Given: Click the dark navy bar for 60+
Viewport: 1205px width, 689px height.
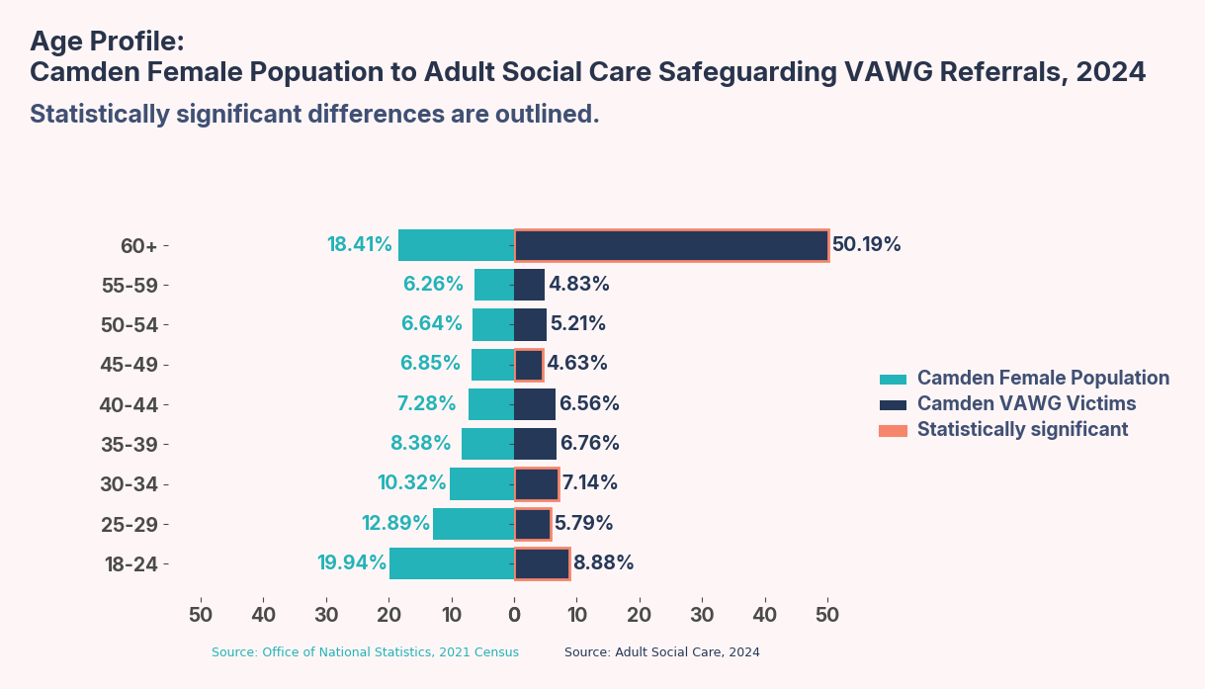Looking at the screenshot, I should [x=671, y=245].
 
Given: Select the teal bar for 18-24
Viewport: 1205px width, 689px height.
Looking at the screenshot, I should [x=452, y=563].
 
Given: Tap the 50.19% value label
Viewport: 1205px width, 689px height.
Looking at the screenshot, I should [x=866, y=244].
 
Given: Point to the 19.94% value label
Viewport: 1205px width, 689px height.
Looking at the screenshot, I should [x=351, y=562].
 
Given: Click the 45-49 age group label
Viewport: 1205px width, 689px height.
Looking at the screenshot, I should [x=129, y=365].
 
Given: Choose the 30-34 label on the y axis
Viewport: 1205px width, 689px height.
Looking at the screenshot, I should [x=129, y=484].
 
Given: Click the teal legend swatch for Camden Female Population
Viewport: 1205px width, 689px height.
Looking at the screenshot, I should [x=893, y=379].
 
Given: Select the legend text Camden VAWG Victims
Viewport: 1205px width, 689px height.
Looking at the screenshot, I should [x=1026, y=403].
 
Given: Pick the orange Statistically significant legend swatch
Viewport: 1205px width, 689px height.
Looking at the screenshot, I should [x=893, y=430].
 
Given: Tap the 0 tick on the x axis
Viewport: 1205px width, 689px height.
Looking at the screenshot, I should [x=514, y=614].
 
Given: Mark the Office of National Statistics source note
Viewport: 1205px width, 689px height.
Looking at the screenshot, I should [x=365, y=652].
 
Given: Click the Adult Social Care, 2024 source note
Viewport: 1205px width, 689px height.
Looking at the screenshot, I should [x=661, y=652].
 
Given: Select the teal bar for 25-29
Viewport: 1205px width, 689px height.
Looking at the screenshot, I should [x=473, y=524].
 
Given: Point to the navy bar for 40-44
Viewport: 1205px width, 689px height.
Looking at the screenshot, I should [x=535, y=404].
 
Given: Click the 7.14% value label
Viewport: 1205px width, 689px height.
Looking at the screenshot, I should [x=589, y=482].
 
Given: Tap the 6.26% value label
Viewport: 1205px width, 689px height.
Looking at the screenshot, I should [x=433, y=284].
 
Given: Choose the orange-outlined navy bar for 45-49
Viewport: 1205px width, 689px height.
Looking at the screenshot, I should [x=529, y=365].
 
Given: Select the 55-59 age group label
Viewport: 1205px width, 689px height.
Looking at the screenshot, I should [x=129, y=286].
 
